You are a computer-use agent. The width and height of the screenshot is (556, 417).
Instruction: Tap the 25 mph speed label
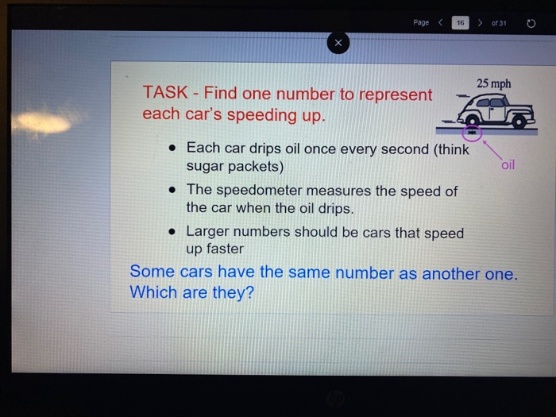coord(494,83)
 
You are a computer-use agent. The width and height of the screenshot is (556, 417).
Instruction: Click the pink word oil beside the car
coord(508,165)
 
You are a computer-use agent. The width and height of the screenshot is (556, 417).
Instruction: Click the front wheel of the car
coord(519,120)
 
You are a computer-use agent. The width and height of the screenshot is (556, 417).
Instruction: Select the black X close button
coord(338,44)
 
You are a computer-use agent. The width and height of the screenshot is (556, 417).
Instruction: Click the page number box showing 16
coord(458,22)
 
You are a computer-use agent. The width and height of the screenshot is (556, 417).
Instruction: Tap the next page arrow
coord(480,22)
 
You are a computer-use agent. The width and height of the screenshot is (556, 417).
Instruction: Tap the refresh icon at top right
coord(531,22)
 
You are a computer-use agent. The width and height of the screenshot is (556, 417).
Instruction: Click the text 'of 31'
coord(499,22)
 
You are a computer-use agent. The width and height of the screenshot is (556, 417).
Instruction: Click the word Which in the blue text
coord(153,292)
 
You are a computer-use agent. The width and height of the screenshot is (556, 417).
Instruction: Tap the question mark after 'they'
coord(250,292)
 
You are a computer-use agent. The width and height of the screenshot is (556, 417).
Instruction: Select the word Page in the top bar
coord(421,22)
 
